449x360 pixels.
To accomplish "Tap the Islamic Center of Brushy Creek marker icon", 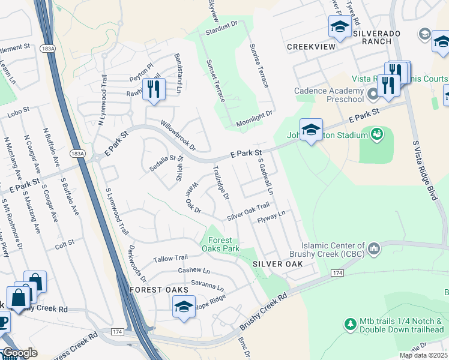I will pos(374,247).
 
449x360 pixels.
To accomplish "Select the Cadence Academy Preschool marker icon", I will pos(373,94).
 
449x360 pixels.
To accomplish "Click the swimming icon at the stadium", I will pos(377,133).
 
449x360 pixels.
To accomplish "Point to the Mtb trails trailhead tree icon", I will pos(351,324).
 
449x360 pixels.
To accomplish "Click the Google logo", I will pos(20,353).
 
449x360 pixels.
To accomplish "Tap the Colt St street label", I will pos(64,244).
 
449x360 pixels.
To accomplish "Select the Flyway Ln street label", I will pos(271,217).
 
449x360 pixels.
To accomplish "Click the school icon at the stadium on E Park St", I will pos(311,130).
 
